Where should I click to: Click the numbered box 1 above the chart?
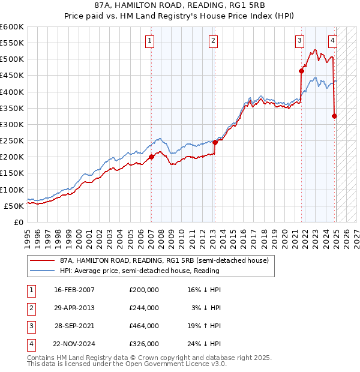coord(149,41)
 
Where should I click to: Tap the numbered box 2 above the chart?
coord(213,41)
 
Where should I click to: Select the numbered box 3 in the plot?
coord(299,41)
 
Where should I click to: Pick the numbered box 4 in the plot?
coord(332,41)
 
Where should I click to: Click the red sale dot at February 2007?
coord(151,157)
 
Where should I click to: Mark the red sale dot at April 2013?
coord(215,143)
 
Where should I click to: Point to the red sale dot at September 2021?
coord(301,71)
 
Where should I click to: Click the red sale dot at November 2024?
coord(334,116)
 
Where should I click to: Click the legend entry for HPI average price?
coord(139,271)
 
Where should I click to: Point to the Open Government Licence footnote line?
coord(127,364)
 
